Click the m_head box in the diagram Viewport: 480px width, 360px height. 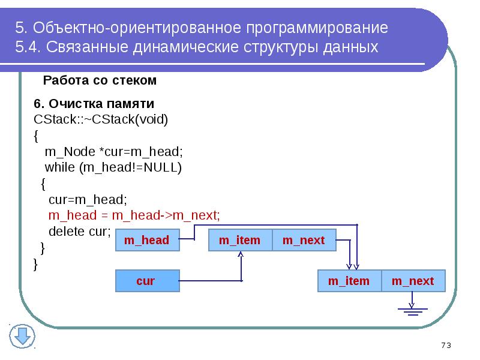(x=146, y=241)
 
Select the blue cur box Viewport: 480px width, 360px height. (x=146, y=281)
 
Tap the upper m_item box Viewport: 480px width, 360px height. (x=239, y=241)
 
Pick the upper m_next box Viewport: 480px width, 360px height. (x=304, y=241)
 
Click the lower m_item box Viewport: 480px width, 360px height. (x=349, y=281)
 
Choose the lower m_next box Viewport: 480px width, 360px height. (x=413, y=281)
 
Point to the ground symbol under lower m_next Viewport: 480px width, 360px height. (x=412, y=310)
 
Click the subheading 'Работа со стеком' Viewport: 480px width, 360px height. (x=100, y=80)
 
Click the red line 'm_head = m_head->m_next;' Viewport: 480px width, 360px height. (x=134, y=215)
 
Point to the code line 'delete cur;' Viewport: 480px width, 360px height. (x=80, y=231)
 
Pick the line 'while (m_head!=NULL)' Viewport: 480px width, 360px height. (x=113, y=167)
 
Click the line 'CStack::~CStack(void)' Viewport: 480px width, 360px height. (x=101, y=119)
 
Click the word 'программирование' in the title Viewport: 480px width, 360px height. (x=315, y=28)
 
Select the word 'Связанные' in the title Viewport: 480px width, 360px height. (x=87, y=47)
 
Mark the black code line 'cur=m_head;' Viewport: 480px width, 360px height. (x=88, y=199)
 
